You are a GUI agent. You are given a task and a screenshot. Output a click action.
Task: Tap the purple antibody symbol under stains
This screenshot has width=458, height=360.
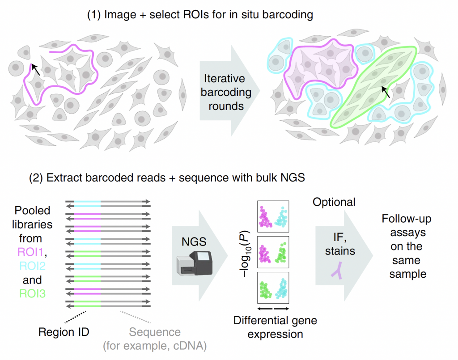(337, 271)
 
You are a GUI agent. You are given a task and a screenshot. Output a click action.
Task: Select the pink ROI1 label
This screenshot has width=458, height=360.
(30, 252)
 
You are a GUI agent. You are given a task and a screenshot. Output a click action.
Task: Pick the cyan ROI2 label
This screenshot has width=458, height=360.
(32, 266)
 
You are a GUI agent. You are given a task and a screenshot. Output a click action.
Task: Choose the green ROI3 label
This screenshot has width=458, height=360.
(32, 294)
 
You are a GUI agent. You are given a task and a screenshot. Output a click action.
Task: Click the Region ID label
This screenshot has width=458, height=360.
(64, 332)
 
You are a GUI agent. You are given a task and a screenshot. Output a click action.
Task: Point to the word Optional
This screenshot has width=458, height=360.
(334, 202)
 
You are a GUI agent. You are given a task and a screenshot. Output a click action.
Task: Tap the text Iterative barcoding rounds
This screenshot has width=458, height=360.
(226, 92)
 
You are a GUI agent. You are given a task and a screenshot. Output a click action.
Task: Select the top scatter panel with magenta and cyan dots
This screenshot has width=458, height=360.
(273, 216)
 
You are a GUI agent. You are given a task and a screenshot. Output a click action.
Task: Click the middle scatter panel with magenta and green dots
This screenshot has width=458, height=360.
(273, 252)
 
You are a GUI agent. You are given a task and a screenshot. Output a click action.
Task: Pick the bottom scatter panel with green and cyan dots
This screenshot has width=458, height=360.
(273, 288)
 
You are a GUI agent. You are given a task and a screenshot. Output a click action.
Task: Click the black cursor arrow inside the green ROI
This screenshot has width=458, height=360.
(386, 92)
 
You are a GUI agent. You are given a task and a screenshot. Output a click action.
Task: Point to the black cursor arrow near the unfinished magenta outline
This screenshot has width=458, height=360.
(35, 69)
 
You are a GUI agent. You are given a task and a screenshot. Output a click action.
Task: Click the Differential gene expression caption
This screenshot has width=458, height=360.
(275, 327)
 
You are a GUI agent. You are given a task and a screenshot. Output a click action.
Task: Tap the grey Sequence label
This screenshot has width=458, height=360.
(155, 332)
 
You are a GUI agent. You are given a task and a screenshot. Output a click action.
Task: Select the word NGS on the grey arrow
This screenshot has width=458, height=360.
(194, 242)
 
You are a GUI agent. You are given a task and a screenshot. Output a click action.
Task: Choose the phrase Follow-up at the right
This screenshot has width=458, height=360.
(406, 219)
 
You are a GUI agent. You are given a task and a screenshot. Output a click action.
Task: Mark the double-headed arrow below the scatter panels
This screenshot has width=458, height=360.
(273, 309)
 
